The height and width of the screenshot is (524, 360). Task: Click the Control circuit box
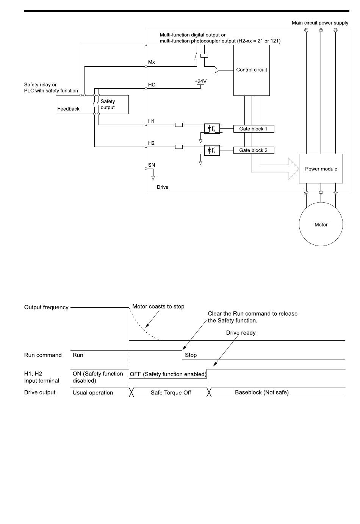click(252, 70)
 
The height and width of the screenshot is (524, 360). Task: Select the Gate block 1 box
click(254, 129)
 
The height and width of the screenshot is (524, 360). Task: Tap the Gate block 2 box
click(254, 150)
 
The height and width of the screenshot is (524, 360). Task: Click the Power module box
click(321, 169)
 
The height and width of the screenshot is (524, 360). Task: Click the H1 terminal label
click(151, 121)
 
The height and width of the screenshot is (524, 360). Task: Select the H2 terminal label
click(151, 143)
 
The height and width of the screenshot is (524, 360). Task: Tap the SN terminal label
click(152, 165)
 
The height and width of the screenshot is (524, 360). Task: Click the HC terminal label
click(152, 85)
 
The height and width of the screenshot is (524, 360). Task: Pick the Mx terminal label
click(151, 62)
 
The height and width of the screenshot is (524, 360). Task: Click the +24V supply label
click(201, 81)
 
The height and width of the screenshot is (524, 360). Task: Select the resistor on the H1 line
click(179, 125)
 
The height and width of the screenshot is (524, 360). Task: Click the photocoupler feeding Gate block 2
click(212, 150)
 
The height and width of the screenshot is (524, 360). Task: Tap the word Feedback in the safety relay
click(68, 109)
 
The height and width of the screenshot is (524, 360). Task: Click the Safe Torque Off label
click(171, 393)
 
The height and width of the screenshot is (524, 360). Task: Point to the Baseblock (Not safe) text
click(262, 392)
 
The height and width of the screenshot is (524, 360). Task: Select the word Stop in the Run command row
click(191, 355)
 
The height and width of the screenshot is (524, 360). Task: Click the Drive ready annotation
click(241, 333)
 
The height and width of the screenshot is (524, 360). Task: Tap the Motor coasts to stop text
click(158, 307)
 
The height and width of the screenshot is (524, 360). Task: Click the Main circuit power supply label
click(320, 23)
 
